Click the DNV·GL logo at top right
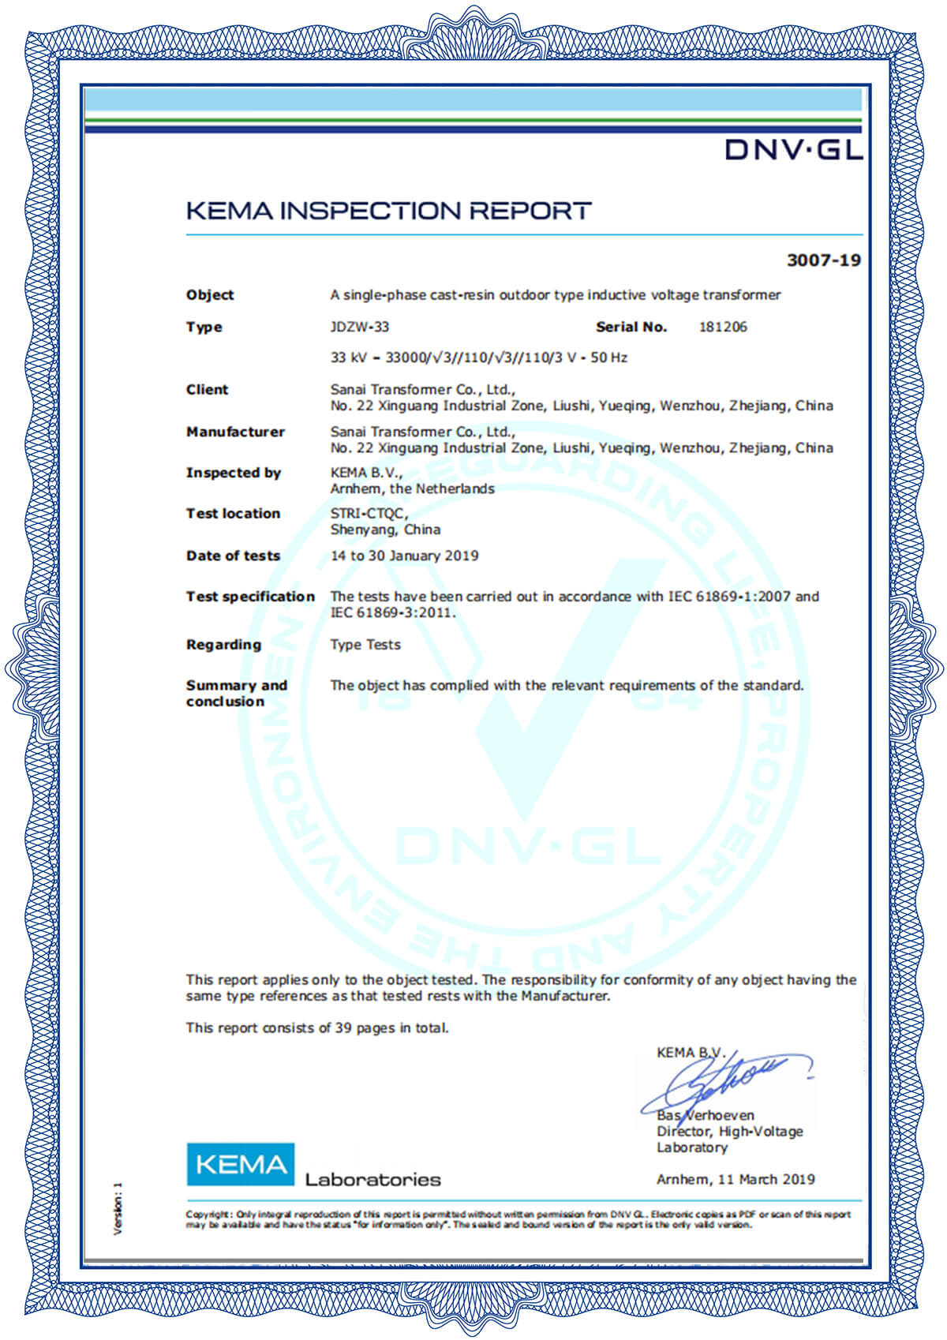coord(793,148)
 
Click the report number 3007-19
coord(823,260)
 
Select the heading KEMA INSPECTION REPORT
coord(388,211)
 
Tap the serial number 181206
coord(723,327)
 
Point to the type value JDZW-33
coord(359,327)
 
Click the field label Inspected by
coord(234,473)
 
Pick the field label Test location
coord(233,514)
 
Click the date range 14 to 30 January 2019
coord(404,556)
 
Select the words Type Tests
coord(365,645)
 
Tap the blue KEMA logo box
coord(240,1164)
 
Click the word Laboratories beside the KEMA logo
coord(372,1180)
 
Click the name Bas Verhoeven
coord(705,1115)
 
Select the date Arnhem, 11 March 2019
coord(736,1179)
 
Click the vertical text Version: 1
coord(118,1207)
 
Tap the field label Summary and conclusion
coord(236,693)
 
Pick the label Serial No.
coord(631,327)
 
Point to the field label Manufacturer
coord(235,432)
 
